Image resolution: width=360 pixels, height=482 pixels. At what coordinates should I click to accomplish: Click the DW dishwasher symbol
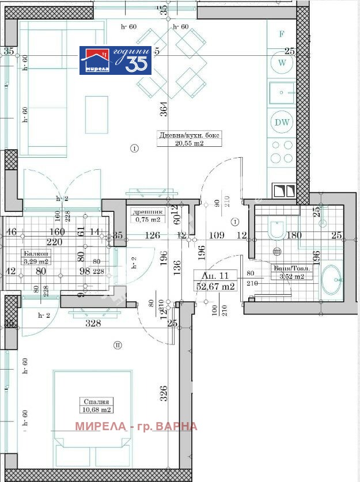(282, 122)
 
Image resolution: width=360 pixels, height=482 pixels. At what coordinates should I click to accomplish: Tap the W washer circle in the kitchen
(282, 62)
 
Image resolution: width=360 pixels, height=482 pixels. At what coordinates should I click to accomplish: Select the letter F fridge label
(282, 34)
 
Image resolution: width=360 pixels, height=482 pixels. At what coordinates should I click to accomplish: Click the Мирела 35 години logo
(115, 60)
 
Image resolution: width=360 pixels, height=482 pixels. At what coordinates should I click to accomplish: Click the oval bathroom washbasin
(331, 281)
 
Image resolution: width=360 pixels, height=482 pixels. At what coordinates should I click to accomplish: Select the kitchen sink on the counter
(282, 92)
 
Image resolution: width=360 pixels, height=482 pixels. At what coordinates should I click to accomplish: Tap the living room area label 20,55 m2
(190, 144)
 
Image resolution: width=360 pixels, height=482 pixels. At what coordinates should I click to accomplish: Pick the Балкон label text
(36, 253)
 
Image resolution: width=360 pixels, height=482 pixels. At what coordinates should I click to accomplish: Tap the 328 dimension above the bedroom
(94, 324)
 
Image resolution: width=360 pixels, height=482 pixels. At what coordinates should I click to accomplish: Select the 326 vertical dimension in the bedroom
(164, 393)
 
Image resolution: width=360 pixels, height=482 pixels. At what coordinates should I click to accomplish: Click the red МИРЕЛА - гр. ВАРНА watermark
(136, 427)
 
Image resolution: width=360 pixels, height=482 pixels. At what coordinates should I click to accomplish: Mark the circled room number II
(118, 346)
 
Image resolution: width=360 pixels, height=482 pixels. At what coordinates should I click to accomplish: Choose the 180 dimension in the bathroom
(294, 235)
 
